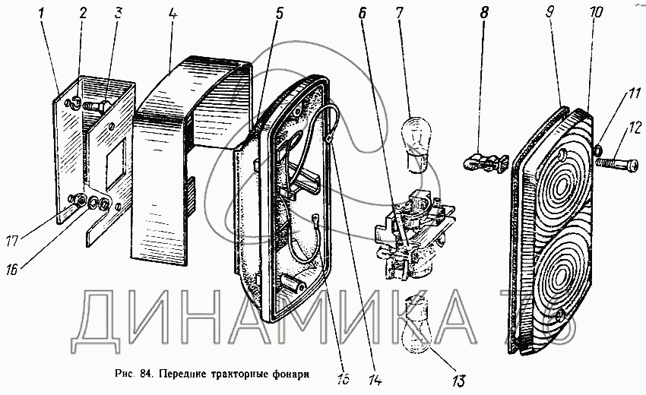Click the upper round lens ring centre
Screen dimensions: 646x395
point(565,187)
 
